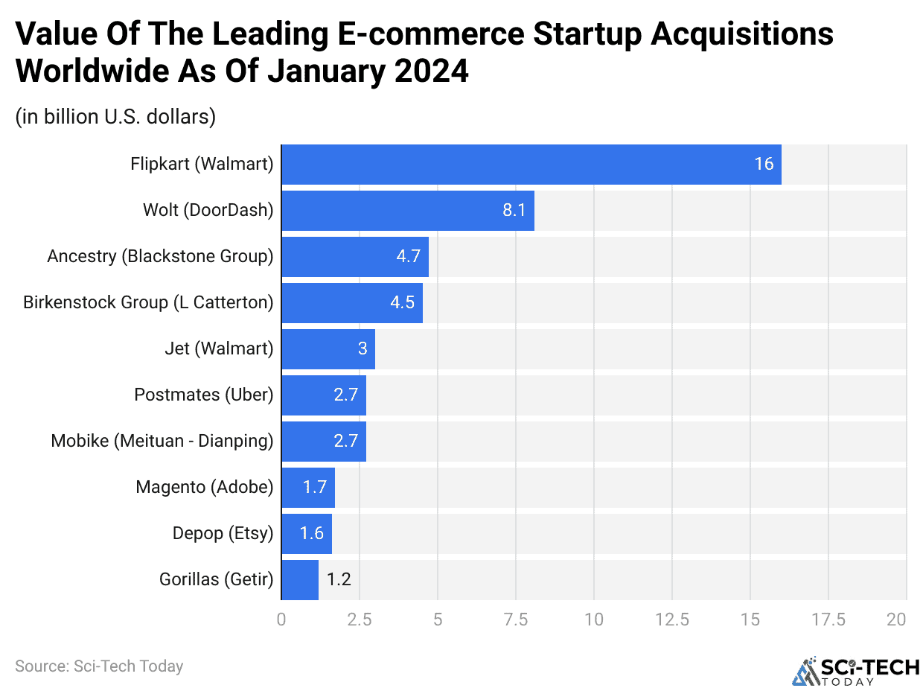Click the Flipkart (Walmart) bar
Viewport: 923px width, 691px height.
531,164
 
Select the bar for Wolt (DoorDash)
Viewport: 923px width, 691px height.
407,210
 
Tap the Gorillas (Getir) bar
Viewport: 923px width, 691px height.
300,579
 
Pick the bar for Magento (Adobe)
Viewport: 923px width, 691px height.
308,487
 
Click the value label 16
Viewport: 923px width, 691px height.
764,164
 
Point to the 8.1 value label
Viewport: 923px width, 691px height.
514,210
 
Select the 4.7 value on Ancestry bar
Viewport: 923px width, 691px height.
408,256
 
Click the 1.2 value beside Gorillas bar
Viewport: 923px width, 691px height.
339,579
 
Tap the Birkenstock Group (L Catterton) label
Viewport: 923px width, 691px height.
148,302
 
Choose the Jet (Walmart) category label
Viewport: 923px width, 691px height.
219,348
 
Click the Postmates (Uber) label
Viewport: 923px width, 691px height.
203,395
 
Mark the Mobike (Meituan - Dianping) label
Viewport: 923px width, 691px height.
162,441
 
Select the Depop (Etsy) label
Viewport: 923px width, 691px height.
223,533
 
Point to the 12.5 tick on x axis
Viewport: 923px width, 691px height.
671,619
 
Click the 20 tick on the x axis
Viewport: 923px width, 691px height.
897,619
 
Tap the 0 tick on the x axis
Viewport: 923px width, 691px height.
281,619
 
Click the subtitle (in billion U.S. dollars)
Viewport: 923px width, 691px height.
115,117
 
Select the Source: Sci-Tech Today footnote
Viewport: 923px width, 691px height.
99,666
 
